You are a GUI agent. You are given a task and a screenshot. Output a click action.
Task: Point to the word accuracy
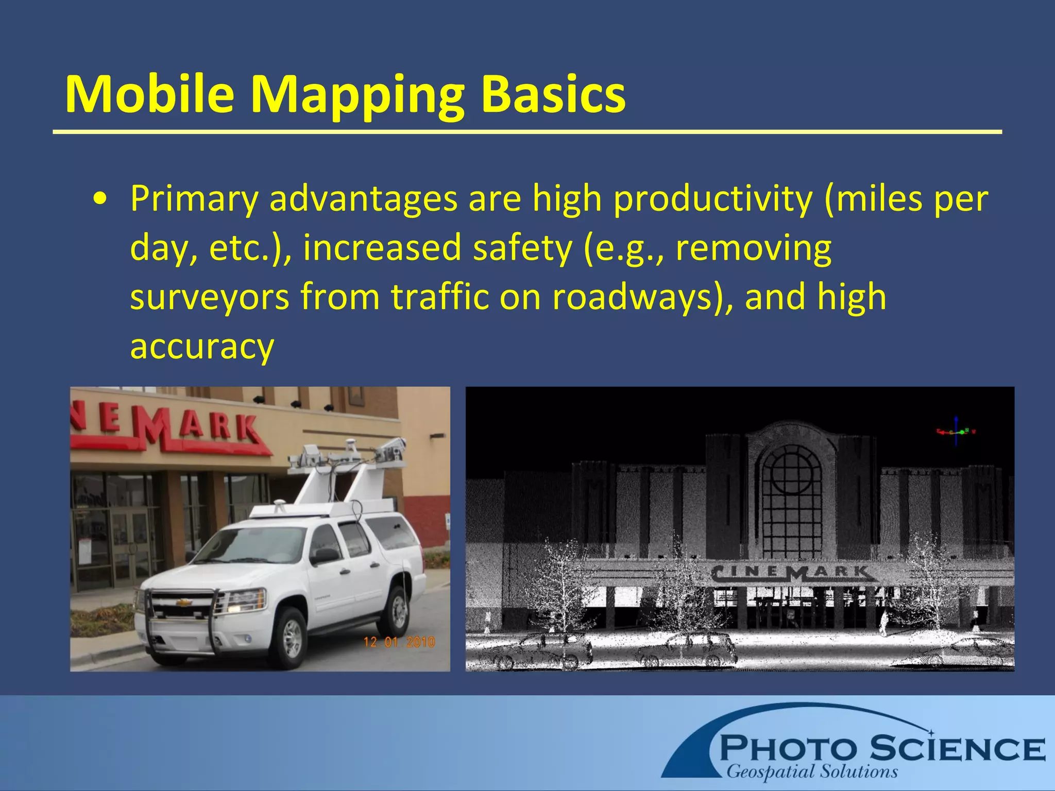click(x=202, y=347)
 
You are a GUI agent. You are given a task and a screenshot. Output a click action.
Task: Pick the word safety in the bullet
click(x=522, y=248)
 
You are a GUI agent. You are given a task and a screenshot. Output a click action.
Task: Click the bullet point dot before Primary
click(x=101, y=200)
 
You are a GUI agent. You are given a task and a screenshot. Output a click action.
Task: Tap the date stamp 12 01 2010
click(x=399, y=642)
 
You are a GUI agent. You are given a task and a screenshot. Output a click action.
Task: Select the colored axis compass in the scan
click(x=956, y=432)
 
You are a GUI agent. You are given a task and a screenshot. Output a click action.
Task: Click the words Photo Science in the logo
click(x=881, y=748)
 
